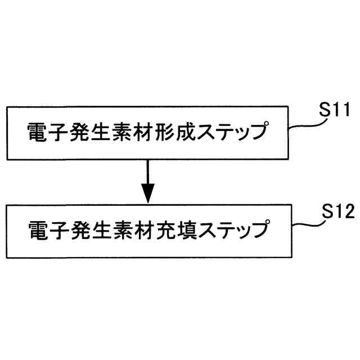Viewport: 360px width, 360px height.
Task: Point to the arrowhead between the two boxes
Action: tap(147, 194)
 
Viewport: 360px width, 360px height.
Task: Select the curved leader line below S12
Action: tap(307, 223)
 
